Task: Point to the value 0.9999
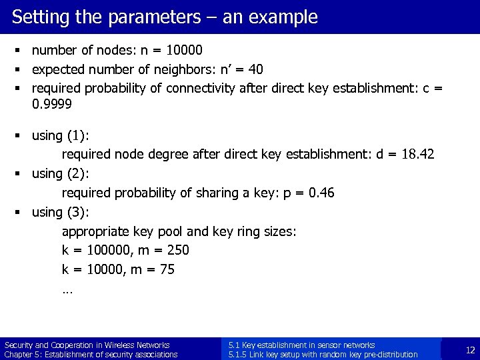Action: pyautogui.click(x=52, y=105)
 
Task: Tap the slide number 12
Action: pyautogui.click(x=470, y=350)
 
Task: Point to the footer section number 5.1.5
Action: pyautogui.click(x=237, y=355)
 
